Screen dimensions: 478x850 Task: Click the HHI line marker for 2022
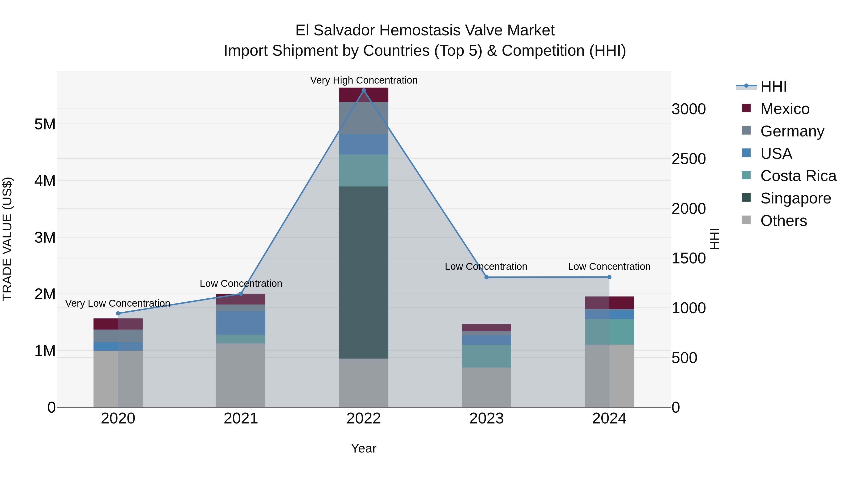364,90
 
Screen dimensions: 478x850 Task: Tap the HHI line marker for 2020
118,313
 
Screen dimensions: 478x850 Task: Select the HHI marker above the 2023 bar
486,277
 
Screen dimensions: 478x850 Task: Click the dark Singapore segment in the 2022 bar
364,272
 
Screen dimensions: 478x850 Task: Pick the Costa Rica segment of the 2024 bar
609,332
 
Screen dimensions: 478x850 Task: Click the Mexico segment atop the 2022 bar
364,95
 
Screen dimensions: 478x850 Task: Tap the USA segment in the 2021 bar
241,323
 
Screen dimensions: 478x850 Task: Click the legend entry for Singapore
795,198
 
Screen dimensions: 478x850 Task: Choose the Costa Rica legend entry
798,176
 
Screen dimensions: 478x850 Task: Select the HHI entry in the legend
773,86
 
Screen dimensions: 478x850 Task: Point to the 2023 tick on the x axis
486,419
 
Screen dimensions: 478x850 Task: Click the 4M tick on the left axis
45,181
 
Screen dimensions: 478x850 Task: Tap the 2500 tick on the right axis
689,159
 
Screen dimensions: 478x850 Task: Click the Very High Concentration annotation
364,80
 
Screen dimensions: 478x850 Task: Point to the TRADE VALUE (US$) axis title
7,239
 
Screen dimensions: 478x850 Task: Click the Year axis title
364,448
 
